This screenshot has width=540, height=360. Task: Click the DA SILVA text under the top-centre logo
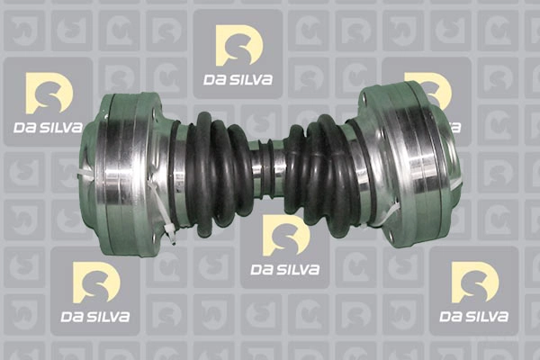238,79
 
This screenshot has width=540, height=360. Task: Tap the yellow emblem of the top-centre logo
239,45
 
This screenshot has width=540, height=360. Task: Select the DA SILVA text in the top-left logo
49,128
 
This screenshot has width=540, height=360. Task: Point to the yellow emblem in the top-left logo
49,93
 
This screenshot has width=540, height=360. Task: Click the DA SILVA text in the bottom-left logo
95,317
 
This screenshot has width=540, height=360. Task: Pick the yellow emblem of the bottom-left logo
96,282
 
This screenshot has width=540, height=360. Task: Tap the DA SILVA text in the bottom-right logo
474,317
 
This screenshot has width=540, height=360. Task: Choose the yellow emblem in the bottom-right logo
475,282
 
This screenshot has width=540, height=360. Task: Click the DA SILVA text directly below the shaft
284,269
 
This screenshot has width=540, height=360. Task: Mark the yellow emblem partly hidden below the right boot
286,238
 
